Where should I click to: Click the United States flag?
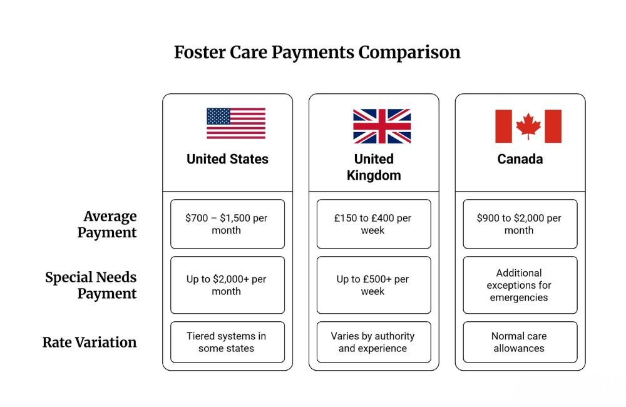(236, 123)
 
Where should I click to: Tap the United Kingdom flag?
(382, 126)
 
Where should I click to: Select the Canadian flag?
(528, 126)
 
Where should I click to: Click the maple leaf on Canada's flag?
(528, 126)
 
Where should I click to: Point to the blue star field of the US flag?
(218, 116)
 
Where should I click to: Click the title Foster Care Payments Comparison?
(317, 52)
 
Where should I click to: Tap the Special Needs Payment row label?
(91, 285)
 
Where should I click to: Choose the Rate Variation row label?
(90, 343)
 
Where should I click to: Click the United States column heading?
(227, 159)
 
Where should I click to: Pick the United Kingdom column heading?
(374, 167)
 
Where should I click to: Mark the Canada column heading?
(520, 159)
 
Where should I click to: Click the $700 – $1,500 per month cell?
(227, 224)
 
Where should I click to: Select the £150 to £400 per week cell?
(374, 224)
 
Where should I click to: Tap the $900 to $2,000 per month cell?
(520, 224)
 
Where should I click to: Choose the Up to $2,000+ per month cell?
(227, 285)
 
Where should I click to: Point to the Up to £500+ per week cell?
(374, 285)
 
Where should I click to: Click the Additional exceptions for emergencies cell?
(520, 285)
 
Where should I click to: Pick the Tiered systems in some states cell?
(227, 342)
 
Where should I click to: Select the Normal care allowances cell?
(520, 342)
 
